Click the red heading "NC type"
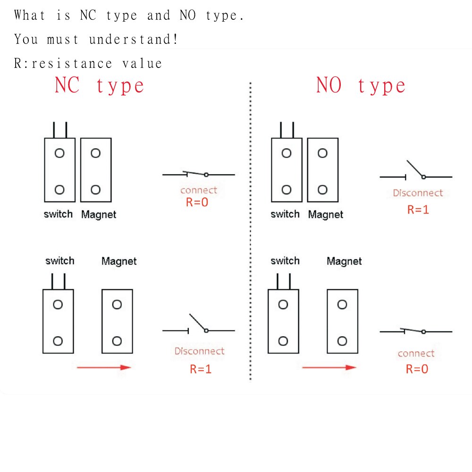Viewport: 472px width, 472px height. tap(100, 86)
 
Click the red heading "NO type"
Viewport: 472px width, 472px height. tap(361, 86)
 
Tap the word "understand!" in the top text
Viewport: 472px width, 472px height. tap(134, 39)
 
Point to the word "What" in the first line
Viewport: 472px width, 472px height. tap(30, 15)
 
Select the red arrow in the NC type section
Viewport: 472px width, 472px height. tap(103, 367)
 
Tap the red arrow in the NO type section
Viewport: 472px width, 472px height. tap(329, 367)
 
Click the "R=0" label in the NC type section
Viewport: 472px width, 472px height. tap(197, 203)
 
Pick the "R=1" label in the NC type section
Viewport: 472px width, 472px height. tap(201, 369)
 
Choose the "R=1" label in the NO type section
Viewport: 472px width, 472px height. tap(418, 210)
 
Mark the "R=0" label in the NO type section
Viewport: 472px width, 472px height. tap(417, 369)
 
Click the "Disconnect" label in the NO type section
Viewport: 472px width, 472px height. tap(418, 193)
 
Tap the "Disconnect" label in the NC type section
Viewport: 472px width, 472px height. tap(199, 351)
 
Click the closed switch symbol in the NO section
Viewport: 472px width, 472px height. tap(416, 331)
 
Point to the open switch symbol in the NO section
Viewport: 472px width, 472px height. tap(416, 172)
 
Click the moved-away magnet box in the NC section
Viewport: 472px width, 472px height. tap(117, 321)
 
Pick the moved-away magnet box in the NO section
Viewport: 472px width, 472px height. tap(342, 321)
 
